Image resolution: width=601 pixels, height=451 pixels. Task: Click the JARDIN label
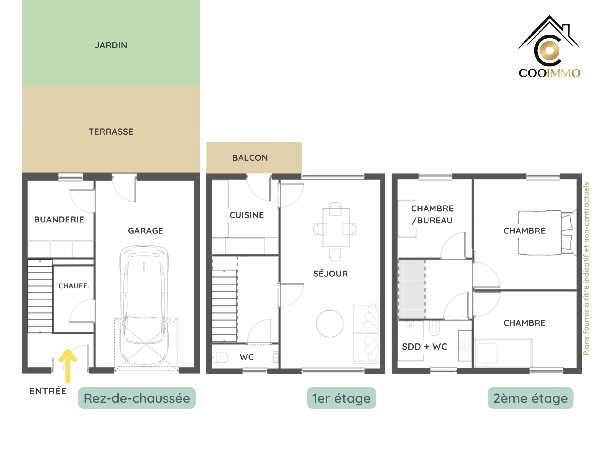click(x=111, y=45)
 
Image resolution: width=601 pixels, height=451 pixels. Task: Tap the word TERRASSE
click(x=111, y=132)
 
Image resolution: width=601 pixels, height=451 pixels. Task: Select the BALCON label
click(x=250, y=158)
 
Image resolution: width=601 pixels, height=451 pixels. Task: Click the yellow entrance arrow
click(x=68, y=365)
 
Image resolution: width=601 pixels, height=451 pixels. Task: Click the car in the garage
click(x=144, y=306)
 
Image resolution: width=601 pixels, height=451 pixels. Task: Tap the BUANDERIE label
click(x=59, y=219)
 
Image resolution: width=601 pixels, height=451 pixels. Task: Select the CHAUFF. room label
click(x=74, y=286)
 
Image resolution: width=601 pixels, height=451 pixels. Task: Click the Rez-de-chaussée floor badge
click(x=137, y=398)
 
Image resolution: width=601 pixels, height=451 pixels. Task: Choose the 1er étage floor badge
click(x=341, y=398)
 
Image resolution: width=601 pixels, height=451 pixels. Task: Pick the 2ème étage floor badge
click(x=530, y=398)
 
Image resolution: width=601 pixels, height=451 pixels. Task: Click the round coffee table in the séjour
click(x=330, y=323)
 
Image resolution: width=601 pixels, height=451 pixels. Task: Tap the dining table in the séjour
click(x=336, y=227)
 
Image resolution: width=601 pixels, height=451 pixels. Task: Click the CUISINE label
click(x=247, y=215)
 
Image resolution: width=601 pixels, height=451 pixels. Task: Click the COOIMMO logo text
click(x=549, y=73)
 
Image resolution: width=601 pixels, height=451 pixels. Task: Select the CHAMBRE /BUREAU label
click(x=432, y=214)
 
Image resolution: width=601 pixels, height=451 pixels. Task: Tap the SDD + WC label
click(x=424, y=347)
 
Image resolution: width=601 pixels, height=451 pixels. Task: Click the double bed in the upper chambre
click(x=547, y=233)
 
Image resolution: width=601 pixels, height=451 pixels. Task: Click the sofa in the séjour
click(x=366, y=333)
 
